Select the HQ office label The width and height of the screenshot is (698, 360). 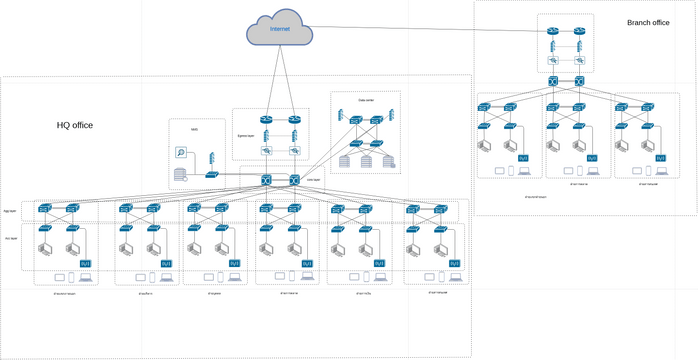pyautogui.click(x=75, y=125)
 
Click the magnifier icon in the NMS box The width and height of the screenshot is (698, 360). pyautogui.click(x=182, y=153)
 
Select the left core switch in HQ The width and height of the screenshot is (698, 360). pyautogui.click(x=267, y=180)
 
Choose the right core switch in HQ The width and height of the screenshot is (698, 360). pyautogui.click(x=295, y=180)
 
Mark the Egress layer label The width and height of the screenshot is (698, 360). pyautogui.click(x=247, y=131)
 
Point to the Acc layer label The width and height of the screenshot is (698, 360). pyautogui.click(x=10, y=239)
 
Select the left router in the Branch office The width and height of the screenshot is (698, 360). pyautogui.click(x=551, y=30)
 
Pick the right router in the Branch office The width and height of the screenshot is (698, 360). pyautogui.click(x=579, y=30)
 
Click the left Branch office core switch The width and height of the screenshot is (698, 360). pyautogui.click(x=551, y=81)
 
